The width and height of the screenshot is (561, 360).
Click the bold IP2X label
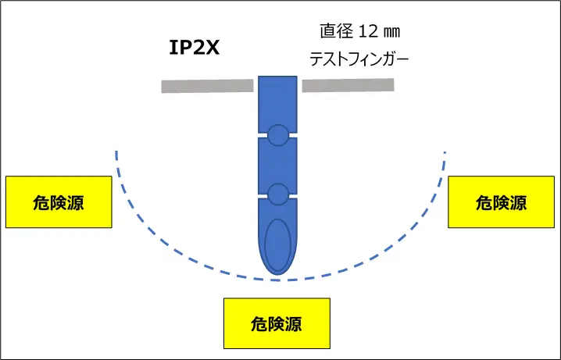click(x=195, y=48)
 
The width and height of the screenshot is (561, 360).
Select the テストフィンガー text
click(x=359, y=58)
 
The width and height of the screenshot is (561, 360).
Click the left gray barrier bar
click(x=208, y=85)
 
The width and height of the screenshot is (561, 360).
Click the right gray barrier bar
click(x=348, y=84)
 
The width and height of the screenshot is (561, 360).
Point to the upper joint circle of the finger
click(x=277, y=135)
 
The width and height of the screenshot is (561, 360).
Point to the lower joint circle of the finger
click(x=277, y=193)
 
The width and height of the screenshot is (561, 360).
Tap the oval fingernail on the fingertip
click(x=277, y=243)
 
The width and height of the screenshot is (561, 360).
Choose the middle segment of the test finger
click(x=277, y=164)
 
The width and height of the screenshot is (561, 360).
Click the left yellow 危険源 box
click(x=59, y=202)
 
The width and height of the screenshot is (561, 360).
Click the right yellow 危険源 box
click(x=501, y=201)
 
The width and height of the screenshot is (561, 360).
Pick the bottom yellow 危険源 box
click(x=277, y=322)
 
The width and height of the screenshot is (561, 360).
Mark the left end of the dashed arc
click(x=116, y=152)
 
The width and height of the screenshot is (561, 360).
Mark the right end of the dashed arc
click(x=445, y=152)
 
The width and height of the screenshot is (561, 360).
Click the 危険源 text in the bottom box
click(x=277, y=323)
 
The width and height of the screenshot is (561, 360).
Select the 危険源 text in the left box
click(x=59, y=203)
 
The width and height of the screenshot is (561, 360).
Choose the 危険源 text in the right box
click(x=501, y=202)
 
